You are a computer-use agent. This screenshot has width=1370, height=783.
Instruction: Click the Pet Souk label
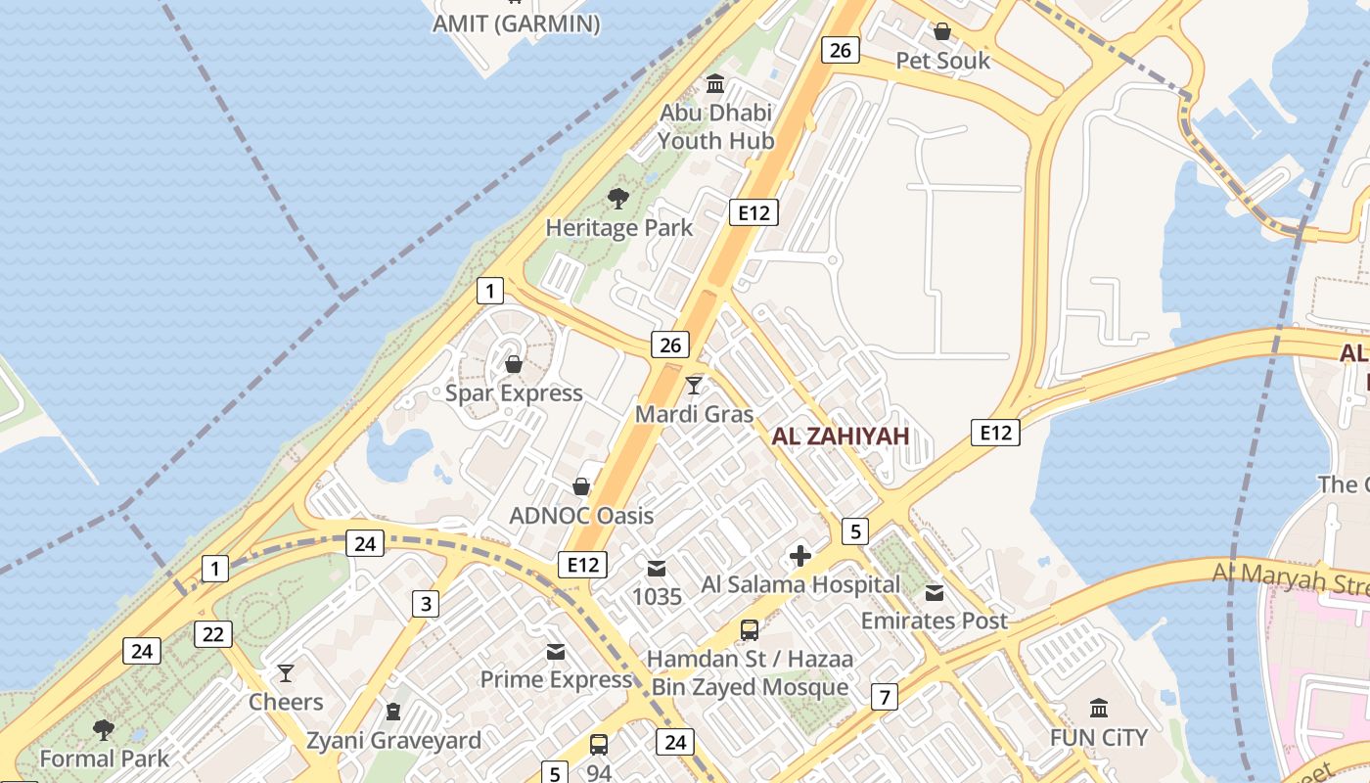pos(942,61)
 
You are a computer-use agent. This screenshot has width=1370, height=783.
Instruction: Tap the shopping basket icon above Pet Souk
pos(942,31)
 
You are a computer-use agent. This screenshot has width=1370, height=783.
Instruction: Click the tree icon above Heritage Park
pos(617,199)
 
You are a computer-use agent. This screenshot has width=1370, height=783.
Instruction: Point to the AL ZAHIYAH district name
pos(841,437)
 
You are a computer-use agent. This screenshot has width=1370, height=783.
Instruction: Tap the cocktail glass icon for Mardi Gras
pos(694,385)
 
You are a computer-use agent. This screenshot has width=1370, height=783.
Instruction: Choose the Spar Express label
pos(514,393)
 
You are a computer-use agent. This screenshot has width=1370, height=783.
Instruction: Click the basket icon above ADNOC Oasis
pos(581,486)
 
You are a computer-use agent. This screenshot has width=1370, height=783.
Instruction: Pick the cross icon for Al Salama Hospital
pos(799,556)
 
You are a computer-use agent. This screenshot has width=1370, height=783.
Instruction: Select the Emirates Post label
pos(934,621)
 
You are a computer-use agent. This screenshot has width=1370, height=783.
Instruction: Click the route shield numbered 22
pos(212,634)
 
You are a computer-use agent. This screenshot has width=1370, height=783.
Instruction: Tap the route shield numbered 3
pos(425,604)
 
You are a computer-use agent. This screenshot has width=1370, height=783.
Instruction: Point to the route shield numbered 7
pos(885,697)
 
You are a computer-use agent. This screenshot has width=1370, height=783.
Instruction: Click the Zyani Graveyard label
pos(393,740)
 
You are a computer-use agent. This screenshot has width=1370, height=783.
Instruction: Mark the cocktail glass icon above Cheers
pos(286,672)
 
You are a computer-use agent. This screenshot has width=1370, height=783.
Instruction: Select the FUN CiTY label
pos(1098,737)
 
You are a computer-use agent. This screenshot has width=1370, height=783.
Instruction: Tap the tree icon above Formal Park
pos(103,729)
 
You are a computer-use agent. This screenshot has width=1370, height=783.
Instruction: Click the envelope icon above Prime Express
pos(556,651)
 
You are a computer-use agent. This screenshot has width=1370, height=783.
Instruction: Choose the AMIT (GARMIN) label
pos(516,24)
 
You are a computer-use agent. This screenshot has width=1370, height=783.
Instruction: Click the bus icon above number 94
pos(599,744)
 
